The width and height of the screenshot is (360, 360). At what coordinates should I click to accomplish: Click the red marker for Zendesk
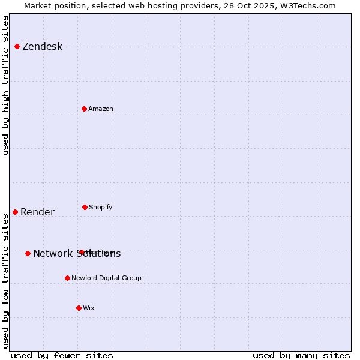[17, 46]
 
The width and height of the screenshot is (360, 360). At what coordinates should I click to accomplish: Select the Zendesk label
[42, 47]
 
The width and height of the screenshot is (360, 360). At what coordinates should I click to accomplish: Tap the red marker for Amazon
[84, 109]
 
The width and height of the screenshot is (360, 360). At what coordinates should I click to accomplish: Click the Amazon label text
[101, 109]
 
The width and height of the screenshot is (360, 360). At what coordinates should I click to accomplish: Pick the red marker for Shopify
[85, 207]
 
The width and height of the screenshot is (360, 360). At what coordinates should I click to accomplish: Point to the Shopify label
[100, 207]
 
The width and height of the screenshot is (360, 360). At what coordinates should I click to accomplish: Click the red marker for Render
[15, 212]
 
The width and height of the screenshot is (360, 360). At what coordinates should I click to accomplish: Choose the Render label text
[37, 212]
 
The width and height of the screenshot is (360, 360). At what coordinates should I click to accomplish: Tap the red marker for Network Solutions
[28, 253]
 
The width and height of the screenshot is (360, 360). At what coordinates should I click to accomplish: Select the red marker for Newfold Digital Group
[67, 278]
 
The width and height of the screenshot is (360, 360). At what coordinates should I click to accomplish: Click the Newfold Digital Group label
[106, 278]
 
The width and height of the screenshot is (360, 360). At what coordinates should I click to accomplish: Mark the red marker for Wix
[79, 308]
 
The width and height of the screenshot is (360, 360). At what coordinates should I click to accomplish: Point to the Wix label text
[89, 308]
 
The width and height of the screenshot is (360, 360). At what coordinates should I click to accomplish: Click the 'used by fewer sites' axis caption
[61, 355]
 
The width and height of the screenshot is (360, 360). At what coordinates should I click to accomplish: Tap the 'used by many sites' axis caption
[301, 355]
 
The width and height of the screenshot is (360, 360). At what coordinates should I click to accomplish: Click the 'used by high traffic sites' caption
[5, 85]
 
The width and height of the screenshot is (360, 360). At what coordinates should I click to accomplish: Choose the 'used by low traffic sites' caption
[5, 280]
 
